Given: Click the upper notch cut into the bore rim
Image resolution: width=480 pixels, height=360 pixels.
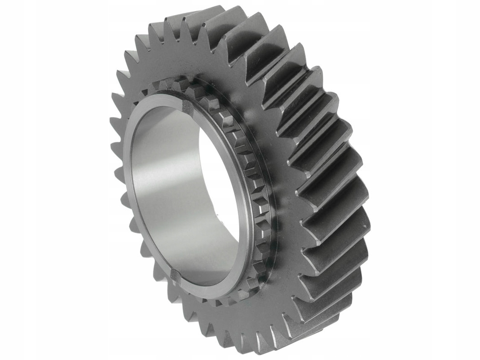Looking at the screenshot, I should coord(186,105).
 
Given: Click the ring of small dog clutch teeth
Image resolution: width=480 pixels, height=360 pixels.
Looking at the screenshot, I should coord(250,179).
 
